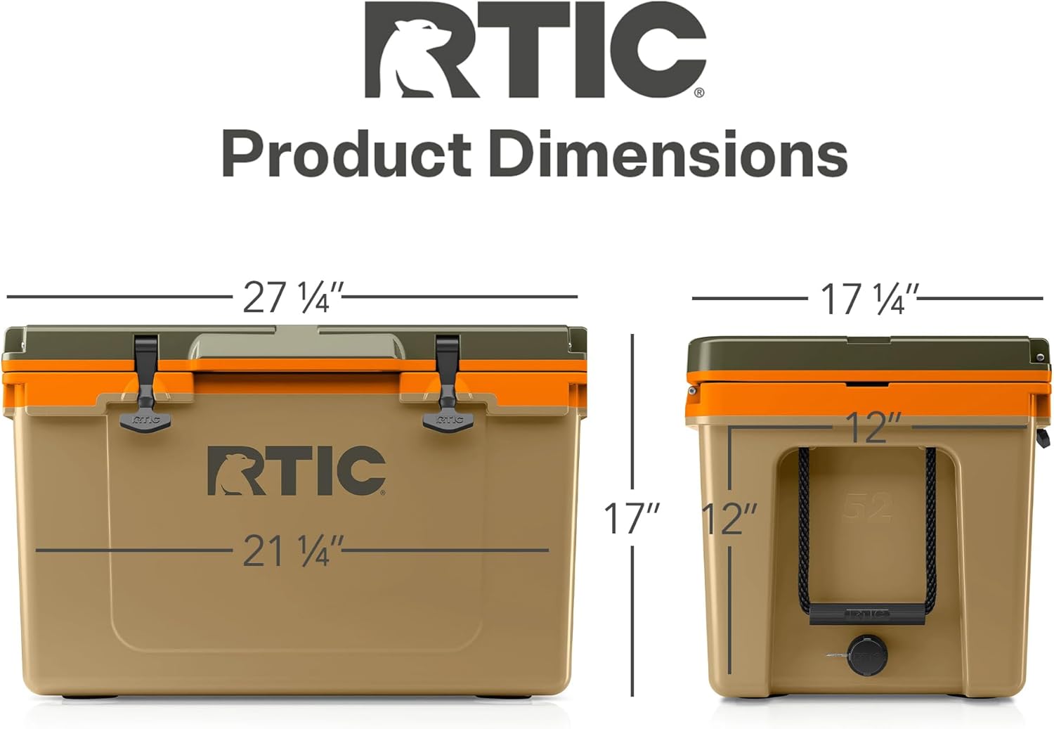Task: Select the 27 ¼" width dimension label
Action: (293, 297)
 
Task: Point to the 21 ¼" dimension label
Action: (293, 550)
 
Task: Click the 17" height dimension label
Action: (632, 518)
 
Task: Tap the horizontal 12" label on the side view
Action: (872, 428)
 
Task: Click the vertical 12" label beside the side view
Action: (729, 518)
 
